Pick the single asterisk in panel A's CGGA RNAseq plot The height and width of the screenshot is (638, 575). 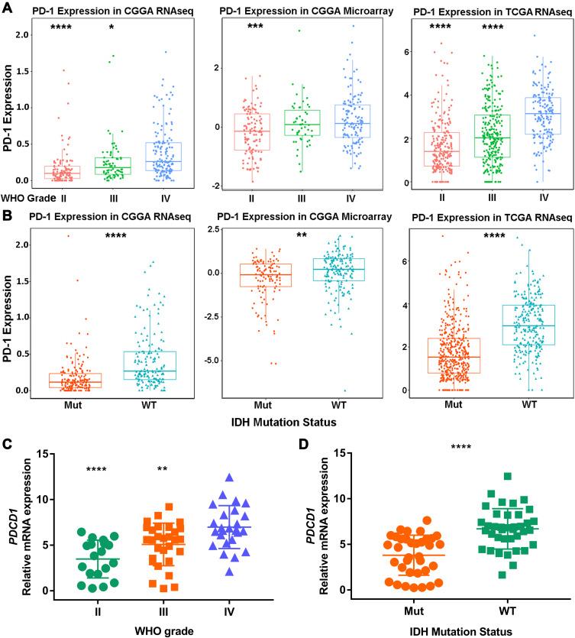tap(111, 28)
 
